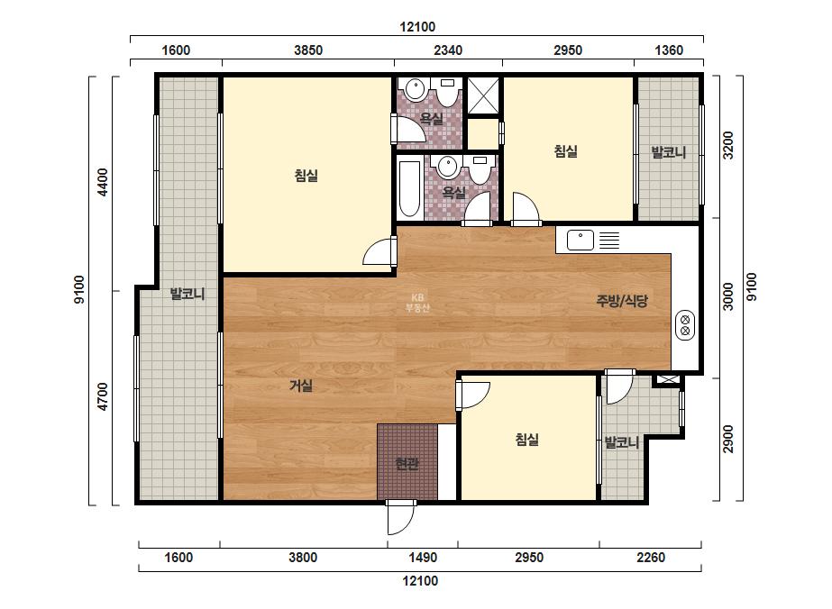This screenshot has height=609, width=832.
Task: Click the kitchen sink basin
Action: point(580,240)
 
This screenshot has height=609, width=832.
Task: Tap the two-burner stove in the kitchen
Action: point(685,324)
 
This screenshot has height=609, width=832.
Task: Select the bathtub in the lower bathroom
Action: point(409,188)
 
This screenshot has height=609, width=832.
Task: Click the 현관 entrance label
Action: point(407,464)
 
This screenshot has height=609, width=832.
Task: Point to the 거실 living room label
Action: point(301,386)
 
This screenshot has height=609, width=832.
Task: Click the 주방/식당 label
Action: point(622,301)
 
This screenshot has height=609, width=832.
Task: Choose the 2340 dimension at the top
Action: point(448,50)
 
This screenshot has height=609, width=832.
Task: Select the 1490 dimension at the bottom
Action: point(423,558)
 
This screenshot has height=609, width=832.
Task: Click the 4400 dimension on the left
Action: point(103,182)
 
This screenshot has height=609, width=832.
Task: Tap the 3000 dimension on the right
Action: point(728,296)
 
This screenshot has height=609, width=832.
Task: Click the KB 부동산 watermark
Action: point(417,303)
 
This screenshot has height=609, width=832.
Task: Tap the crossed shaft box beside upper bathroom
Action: point(483,95)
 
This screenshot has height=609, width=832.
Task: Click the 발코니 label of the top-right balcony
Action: point(669,153)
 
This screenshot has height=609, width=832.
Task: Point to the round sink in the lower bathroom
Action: point(448,167)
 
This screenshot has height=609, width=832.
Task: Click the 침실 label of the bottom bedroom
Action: point(527,440)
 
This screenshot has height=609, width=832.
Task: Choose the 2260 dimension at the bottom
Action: point(651,558)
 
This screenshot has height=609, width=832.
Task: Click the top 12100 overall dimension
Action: point(417,26)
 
